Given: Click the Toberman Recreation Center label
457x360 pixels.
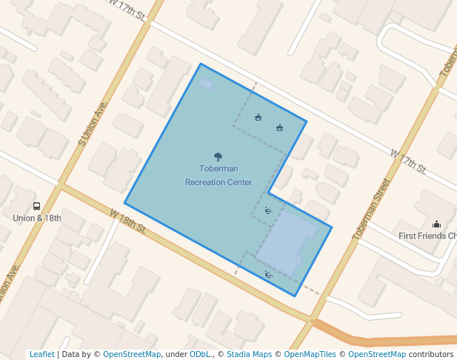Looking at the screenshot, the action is pos(219,176).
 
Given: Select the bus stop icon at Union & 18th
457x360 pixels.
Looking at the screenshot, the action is pos(36,207).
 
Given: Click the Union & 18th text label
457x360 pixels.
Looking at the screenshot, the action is pos(37,219).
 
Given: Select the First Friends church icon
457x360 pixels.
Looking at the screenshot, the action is pos(437,224).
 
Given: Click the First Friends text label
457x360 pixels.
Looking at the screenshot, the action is pos(427,236).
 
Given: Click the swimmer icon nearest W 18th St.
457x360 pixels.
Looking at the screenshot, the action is pos(268,275).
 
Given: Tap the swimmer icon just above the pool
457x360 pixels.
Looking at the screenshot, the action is pos(268,212).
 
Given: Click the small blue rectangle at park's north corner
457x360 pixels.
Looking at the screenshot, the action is pos(206,84).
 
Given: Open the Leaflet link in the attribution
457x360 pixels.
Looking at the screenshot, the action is pos(41,355).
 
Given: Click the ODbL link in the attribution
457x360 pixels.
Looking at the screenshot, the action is pos(200,355).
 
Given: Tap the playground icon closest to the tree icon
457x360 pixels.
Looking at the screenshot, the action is pos(258,117).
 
